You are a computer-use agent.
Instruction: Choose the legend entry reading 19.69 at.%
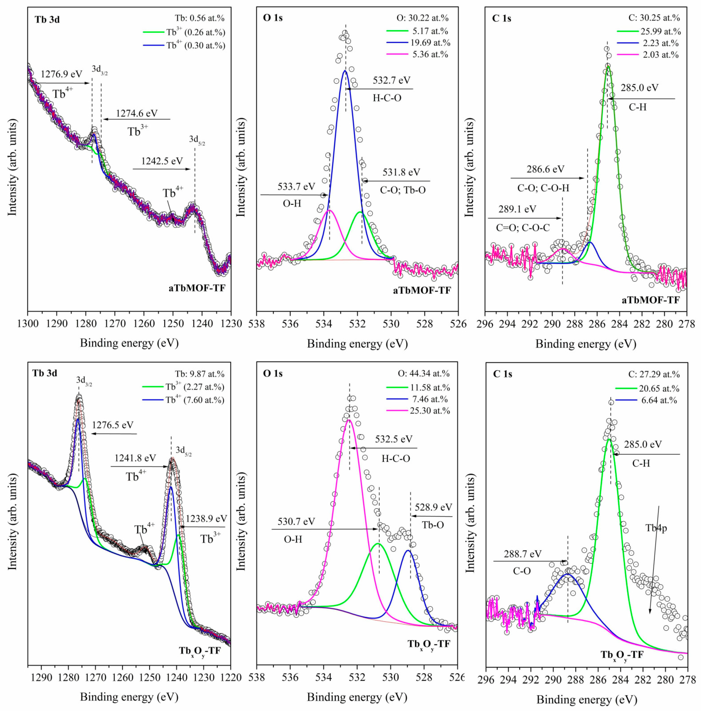click(430, 43)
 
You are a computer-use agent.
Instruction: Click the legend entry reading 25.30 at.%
click(430, 411)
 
